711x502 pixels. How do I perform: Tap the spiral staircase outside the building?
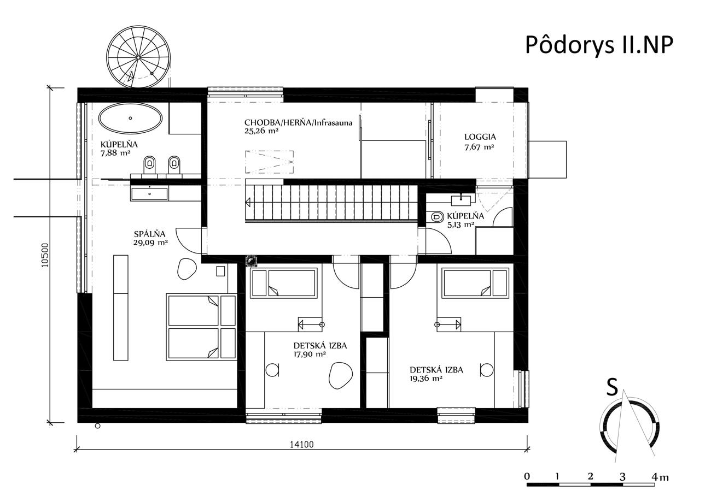[138, 57]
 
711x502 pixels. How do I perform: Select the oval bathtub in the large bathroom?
[131, 119]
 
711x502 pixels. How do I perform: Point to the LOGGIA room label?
[480, 137]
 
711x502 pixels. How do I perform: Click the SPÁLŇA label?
[150, 234]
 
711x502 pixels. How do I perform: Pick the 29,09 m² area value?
[150, 243]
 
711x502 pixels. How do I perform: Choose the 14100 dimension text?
[301, 445]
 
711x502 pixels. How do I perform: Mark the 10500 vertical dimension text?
[45, 255]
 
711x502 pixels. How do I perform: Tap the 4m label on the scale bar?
[660, 477]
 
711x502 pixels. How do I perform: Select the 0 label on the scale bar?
[527, 477]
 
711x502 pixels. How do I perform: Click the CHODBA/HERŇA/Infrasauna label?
[299, 123]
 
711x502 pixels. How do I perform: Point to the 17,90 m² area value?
[310, 355]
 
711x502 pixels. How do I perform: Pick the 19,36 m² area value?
[426, 379]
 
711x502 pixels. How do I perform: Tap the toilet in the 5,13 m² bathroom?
[438, 217]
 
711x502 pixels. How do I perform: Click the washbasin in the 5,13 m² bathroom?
[461, 199]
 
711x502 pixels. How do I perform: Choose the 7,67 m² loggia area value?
[479, 147]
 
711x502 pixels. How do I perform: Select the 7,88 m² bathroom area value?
[115, 153]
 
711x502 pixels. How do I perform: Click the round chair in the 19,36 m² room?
[487, 370]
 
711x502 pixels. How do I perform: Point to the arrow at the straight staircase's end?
[248, 202]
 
